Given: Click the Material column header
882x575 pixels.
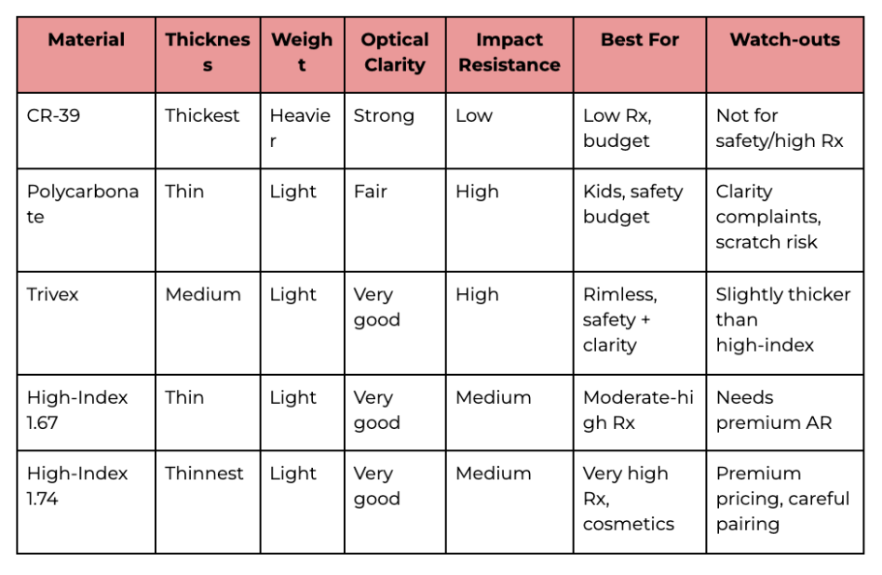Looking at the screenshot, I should [86, 40].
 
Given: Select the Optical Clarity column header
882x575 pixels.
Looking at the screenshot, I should [395, 52].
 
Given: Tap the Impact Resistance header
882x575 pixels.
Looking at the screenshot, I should [509, 52].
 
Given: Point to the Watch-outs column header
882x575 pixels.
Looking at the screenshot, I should [784, 40].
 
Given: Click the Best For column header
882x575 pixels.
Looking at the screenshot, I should [639, 40].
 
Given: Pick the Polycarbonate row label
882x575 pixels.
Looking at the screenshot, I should [82, 204].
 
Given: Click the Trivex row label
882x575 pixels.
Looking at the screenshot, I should [53, 295].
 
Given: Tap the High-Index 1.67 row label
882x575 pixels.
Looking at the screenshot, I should [77, 409].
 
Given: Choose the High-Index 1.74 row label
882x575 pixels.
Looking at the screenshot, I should [77, 486].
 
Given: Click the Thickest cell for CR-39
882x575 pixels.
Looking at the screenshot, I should [202, 116].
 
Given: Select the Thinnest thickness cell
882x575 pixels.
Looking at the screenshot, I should [205, 474].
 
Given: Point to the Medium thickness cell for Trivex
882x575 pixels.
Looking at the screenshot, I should [202, 295].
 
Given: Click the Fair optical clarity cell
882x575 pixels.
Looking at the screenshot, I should [370, 193].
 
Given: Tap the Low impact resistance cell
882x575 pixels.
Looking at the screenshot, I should [474, 116].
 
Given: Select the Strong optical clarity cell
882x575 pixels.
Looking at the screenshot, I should [384, 116].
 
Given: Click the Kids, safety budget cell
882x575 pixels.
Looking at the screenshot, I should [632, 204].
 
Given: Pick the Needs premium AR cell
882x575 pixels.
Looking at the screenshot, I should [773, 409].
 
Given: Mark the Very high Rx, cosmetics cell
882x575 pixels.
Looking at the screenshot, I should [627, 499].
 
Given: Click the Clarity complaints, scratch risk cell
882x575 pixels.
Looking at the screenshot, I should [767, 217].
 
